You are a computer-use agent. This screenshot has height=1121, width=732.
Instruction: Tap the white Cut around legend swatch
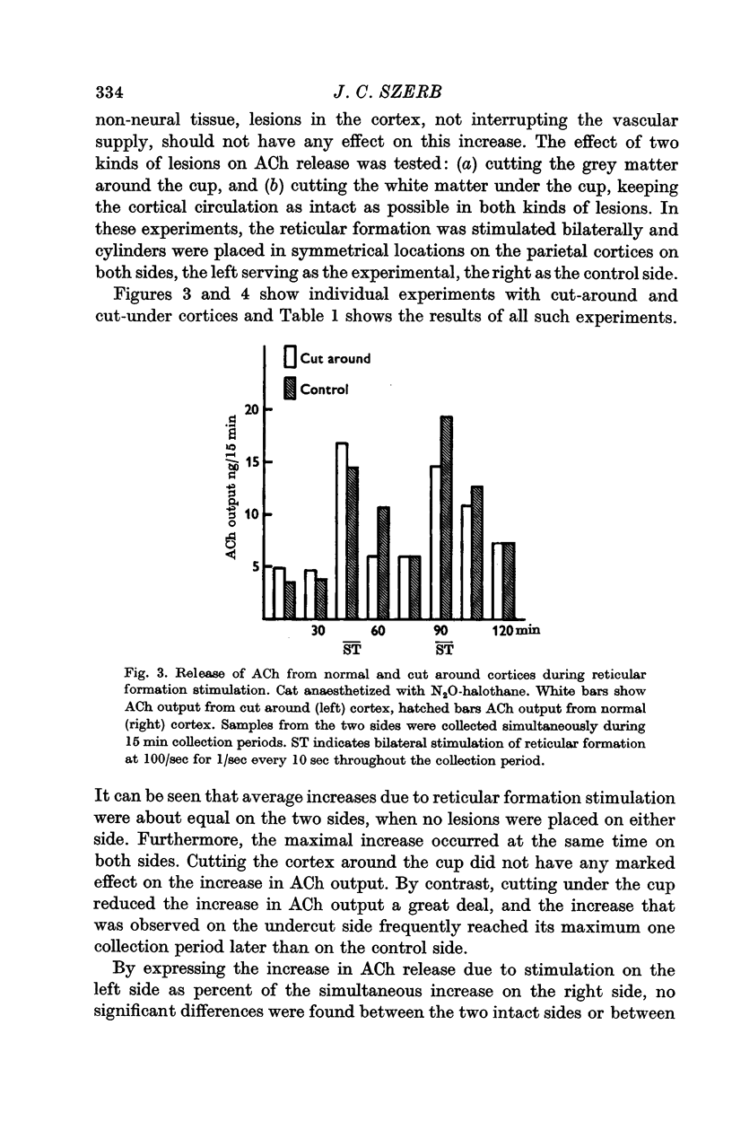pyautogui.click(x=290, y=357)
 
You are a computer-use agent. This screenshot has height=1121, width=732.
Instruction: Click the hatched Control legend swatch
pyautogui.click(x=290, y=389)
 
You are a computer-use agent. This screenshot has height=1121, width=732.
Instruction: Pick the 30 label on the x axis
pyautogui.click(x=316, y=631)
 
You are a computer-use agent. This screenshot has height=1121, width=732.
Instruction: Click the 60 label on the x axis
pyautogui.click(x=377, y=631)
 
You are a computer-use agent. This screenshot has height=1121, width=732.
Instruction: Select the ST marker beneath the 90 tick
pyautogui.click(x=443, y=648)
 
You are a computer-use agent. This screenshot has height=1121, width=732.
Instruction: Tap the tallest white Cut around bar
pyautogui.click(x=342, y=530)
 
